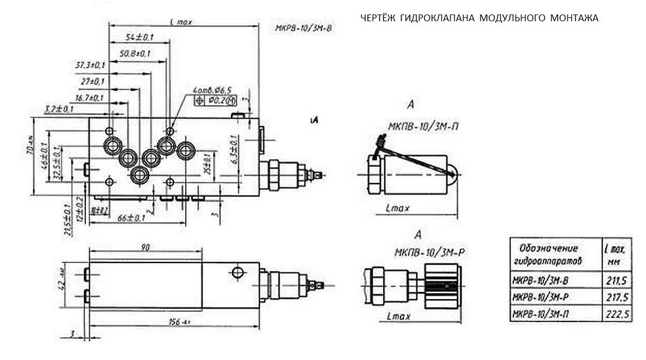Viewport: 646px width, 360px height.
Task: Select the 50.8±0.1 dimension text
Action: pyautogui.click(x=135, y=54)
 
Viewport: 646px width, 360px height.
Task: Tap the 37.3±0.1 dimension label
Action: pyautogui.click(x=90, y=65)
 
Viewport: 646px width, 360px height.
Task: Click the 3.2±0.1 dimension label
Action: pyautogui.click(x=59, y=108)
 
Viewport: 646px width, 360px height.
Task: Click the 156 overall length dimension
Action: pyautogui.click(x=178, y=321)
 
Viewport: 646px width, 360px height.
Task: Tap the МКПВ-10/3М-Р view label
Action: pyautogui.click(x=430, y=252)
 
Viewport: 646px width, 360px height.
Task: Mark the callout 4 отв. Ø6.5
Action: pyautogui.click(x=213, y=90)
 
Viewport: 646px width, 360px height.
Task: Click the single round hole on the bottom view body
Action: pyautogui.click(x=237, y=272)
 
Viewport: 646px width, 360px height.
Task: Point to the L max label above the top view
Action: pyautogui.click(x=181, y=22)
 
